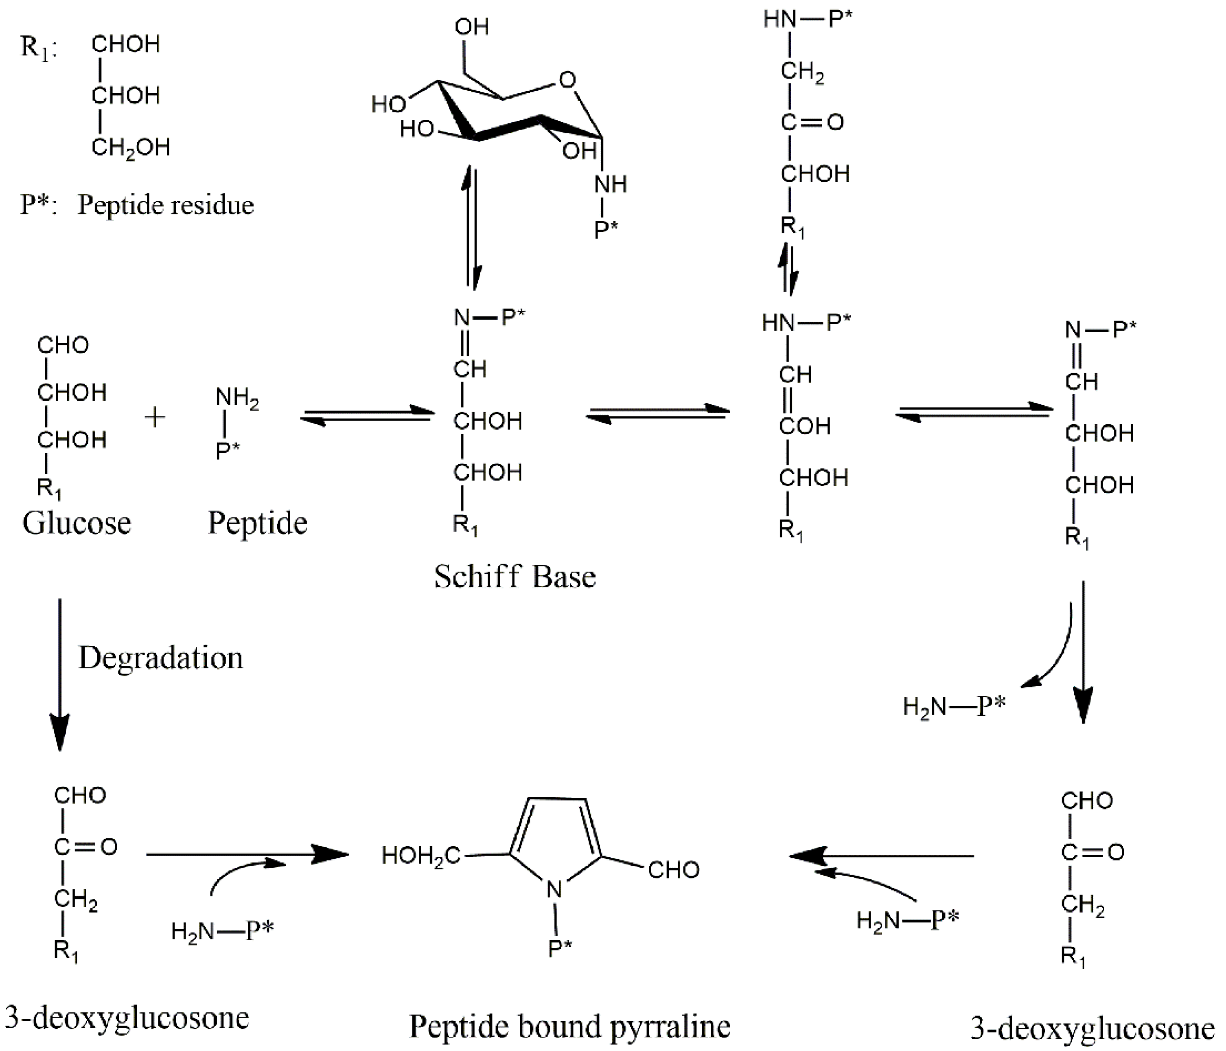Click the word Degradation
click(x=160, y=658)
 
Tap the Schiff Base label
click(x=515, y=576)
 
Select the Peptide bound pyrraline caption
click(x=569, y=1026)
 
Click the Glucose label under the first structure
click(x=77, y=523)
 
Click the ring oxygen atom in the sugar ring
click(x=567, y=80)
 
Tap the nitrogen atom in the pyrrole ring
click(x=554, y=889)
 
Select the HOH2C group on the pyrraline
click(x=420, y=856)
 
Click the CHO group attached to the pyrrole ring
click(x=673, y=870)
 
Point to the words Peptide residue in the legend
click(x=166, y=205)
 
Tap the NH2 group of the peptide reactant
click(x=236, y=398)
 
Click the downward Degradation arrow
click(x=60, y=675)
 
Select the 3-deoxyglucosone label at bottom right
click(x=1092, y=1029)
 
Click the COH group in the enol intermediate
click(x=805, y=426)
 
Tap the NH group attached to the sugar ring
click(x=610, y=184)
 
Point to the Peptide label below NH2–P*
click(x=257, y=523)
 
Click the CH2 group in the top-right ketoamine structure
click(x=802, y=72)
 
